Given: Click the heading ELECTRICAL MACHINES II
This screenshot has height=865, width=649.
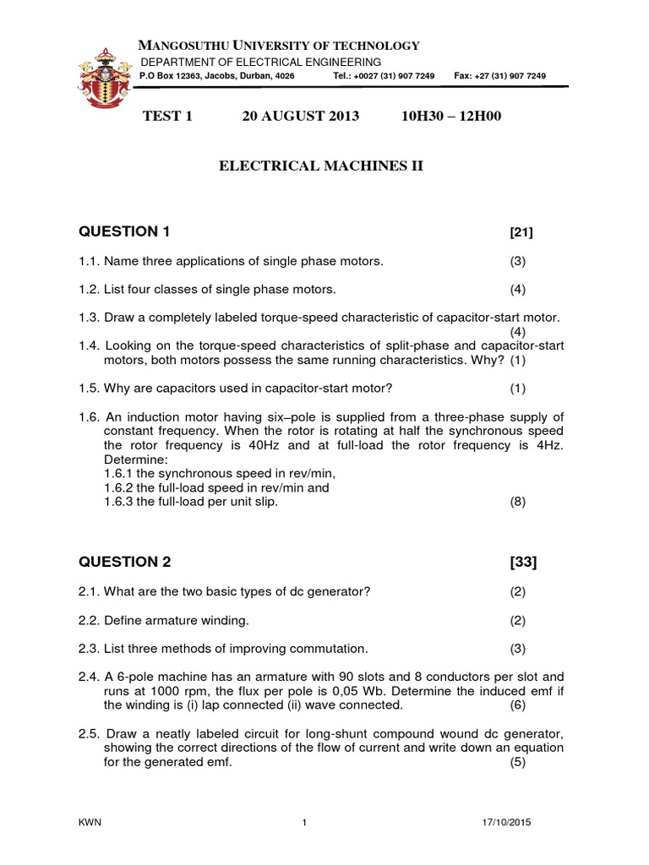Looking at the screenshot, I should [x=320, y=166].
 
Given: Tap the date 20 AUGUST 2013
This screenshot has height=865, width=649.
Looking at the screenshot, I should [x=300, y=116].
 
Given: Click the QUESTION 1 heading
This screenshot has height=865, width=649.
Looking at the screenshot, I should [x=129, y=231].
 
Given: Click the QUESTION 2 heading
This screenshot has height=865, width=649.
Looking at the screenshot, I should [x=129, y=562].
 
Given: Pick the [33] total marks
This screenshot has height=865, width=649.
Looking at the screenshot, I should [x=523, y=563].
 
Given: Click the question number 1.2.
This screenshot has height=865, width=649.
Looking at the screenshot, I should [x=90, y=290].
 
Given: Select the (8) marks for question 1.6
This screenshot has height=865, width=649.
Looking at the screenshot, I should [x=517, y=502].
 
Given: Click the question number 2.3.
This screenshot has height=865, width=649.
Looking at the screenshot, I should [x=90, y=649].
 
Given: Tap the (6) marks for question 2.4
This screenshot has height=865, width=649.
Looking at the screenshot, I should [x=517, y=705].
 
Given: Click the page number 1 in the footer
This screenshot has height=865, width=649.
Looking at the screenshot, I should [x=303, y=823].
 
